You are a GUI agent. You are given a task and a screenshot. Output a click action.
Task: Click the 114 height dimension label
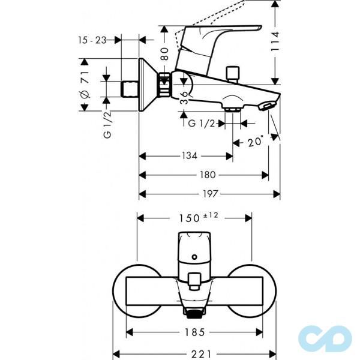pyautogui.click(x=275, y=41)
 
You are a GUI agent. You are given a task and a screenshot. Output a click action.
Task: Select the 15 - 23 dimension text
pyautogui.click(x=92, y=40)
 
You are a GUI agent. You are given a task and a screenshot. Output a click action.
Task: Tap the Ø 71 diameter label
pyautogui.click(x=85, y=85)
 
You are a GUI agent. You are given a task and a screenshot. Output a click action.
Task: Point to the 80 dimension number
pyautogui.click(x=164, y=54)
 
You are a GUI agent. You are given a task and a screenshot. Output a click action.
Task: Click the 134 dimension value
pyautogui.click(x=190, y=156)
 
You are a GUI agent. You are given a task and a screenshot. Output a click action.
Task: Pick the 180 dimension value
pyautogui.click(x=208, y=175)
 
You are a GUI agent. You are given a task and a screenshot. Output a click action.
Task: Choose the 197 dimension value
pyautogui.click(x=210, y=194)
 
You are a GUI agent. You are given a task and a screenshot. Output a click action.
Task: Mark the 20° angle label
pyautogui.click(x=256, y=141)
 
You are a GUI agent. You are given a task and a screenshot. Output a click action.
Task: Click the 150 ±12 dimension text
pyautogui.click(x=199, y=217)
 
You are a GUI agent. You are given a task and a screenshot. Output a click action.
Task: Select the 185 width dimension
pyautogui.click(x=194, y=332)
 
